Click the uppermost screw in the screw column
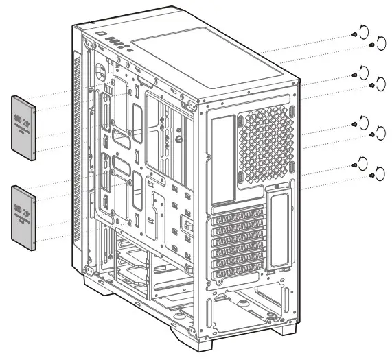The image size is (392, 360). coord(353,34)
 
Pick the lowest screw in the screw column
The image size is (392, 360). coord(372,176)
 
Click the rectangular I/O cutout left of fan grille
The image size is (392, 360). coord(223,158)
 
